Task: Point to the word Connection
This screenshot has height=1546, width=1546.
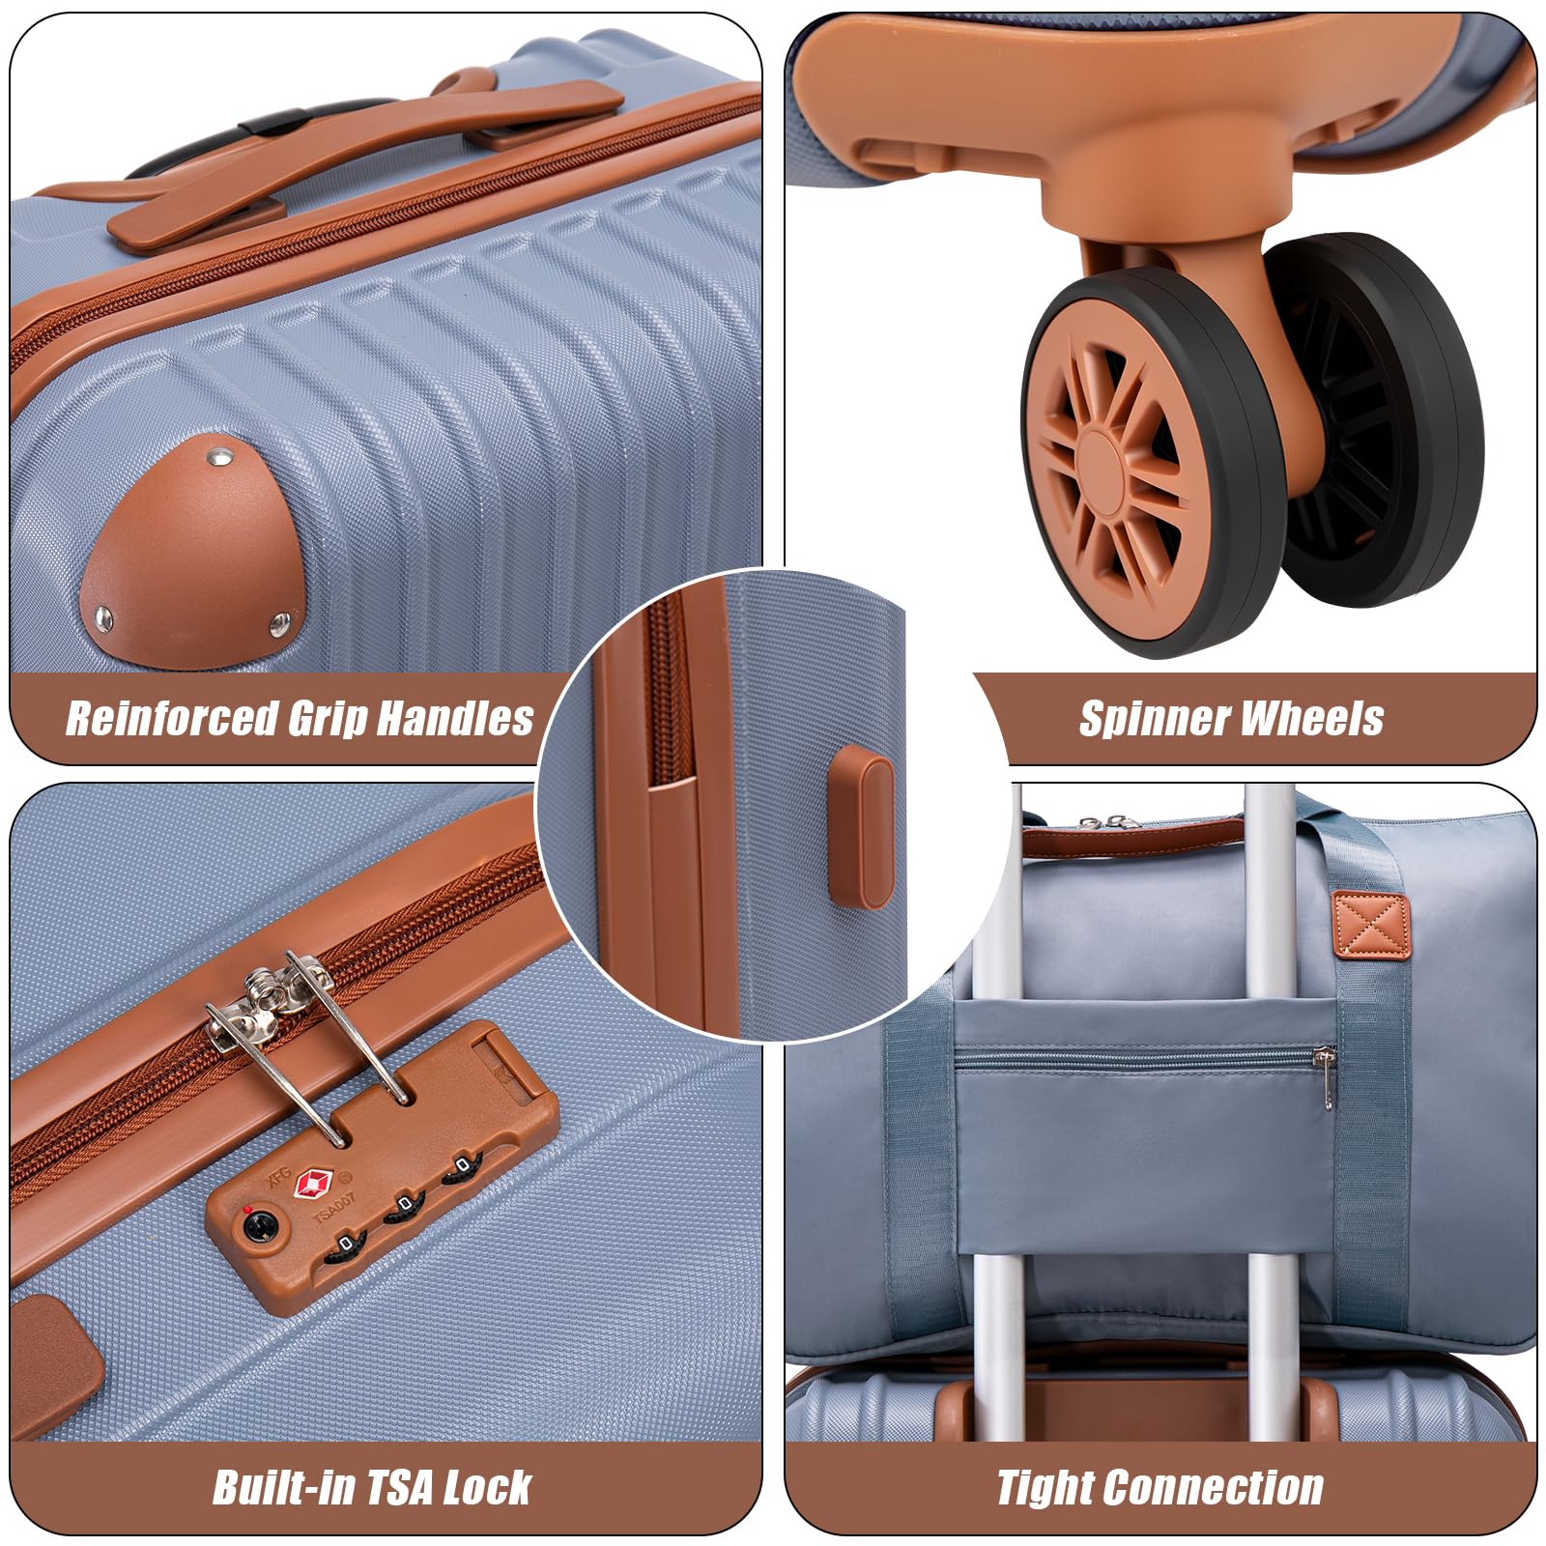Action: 1226,1487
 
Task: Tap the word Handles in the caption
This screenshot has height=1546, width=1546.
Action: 455,718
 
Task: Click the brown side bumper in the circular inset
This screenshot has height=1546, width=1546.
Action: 862,826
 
